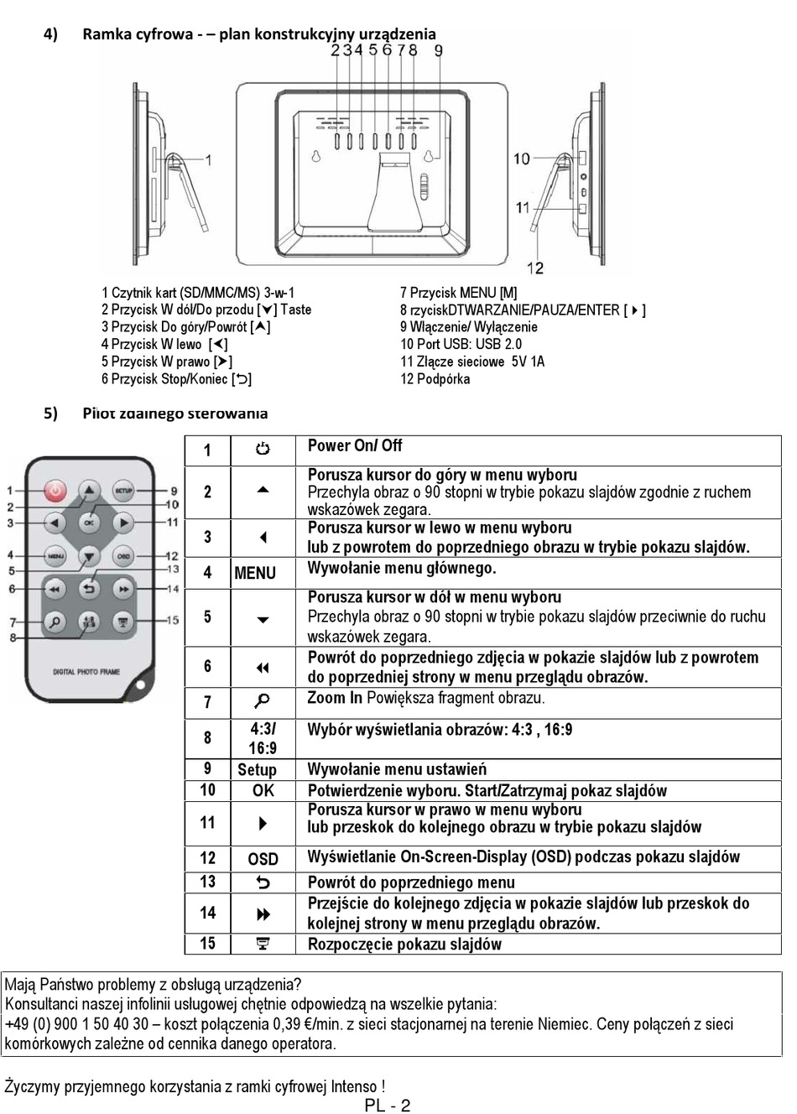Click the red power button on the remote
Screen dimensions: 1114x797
pyautogui.click(x=55, y=491)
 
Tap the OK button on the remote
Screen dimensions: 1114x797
pyautogui.click(x=89, y=523)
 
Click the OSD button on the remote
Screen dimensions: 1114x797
pyautogui.click(x=124, y=555)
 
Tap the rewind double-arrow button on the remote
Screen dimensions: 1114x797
pyautogui.click(x=55, y=590)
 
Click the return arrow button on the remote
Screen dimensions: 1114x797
pyautogui.click(x=89, y=590)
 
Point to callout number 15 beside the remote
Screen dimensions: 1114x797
pyautogui.click(x=172, y=621)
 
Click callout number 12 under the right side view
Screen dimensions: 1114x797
pyautogui.click(x=535, y=268)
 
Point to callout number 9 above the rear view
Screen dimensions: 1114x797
pyautogui.click(x=439, y=50)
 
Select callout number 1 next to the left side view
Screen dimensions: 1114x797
pyautogui.click(x=207, y=159)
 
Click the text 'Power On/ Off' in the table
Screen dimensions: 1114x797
pyautogui.click(x=355, y=445)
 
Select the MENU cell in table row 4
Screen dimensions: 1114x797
pyautogui.click(x=255, y=573)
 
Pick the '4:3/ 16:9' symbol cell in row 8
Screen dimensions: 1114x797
pyautogui.click(x=263, y=739)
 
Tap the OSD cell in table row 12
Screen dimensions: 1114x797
pyautogui.click(x=263, y=859)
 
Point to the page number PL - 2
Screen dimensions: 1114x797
pyautogui.click(x=388, y=1105)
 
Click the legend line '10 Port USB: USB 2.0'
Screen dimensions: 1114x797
pyautogui.click(x=461, y=344)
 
